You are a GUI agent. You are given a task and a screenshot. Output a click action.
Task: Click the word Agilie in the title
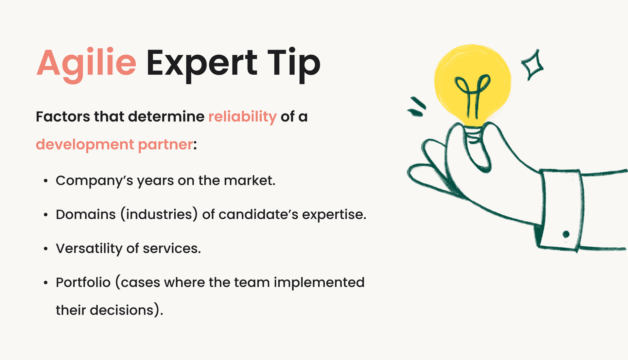(x=86, y=63)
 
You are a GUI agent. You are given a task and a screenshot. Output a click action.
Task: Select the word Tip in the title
(x=293, y=63)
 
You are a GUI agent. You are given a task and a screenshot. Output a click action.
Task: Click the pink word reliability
(x=242, y=117)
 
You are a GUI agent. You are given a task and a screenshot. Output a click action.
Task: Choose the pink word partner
(x=166, y=145)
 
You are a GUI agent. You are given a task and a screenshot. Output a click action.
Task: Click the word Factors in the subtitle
(x=62, y=117)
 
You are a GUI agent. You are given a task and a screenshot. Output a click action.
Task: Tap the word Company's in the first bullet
(x=94, y=181)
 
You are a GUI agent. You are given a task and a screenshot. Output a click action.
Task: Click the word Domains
(x=86, y=215)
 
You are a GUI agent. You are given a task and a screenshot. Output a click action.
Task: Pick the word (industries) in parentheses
(x=159, y=215)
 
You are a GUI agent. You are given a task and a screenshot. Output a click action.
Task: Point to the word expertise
(x=334, y=215)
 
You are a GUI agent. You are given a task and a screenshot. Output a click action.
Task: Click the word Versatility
(x=89, y=249)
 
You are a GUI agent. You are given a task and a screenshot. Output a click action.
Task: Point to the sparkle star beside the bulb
(x=532, y=65)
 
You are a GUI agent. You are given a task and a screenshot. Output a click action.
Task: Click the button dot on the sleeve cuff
(x=566, y=234)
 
